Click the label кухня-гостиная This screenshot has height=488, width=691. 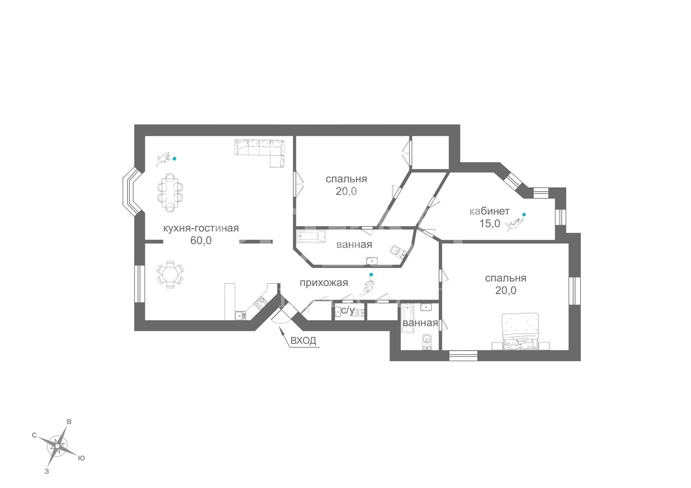[201, 228]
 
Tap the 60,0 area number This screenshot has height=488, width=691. [201, 241]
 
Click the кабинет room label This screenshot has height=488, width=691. [490, 211]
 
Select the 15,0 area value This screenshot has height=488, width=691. [490, 223]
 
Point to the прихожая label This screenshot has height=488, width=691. [324, 283]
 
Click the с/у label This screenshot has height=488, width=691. [347, 311]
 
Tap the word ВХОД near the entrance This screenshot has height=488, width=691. [303, 340]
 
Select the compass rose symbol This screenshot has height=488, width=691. [57, 446]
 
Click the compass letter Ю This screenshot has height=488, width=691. [81, 458]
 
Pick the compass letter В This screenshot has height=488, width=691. [69, 422]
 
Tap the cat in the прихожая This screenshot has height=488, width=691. [367, 287]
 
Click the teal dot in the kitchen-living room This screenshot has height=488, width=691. [174, 159]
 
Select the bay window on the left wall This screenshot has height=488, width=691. [132, 193]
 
